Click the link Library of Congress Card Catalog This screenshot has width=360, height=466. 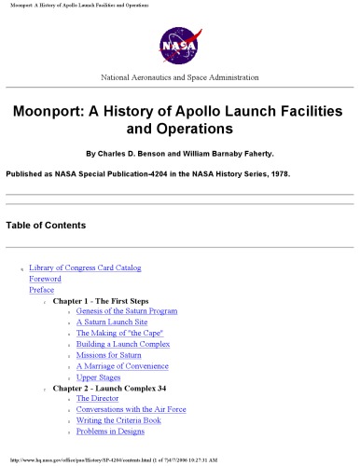pyautogui.click(x=85, y=267)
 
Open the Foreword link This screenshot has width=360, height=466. pyautogui.click(x=46, y=279)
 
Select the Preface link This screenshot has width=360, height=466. pyautogui.click(x=42, y=290)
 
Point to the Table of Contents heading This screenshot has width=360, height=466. pyautogui.click(x=46, y=226)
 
